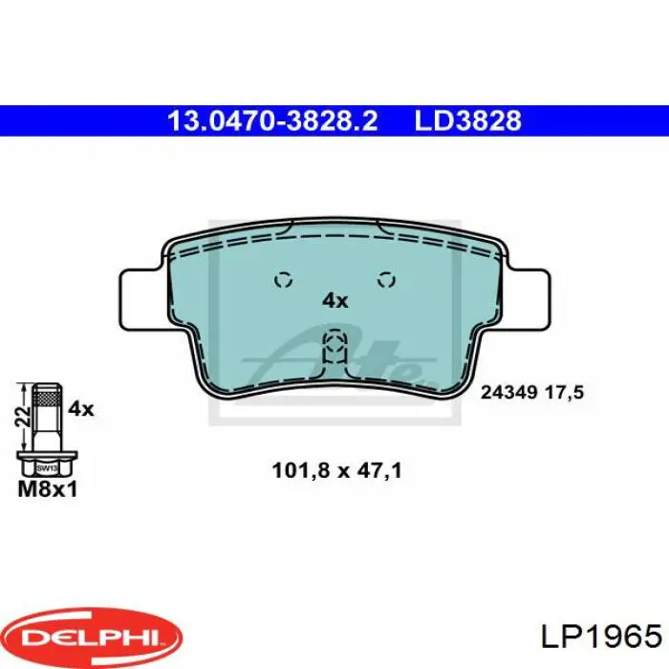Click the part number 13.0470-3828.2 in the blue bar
coord(272,120)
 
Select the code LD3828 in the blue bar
coord(468,120)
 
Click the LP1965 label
coord(601,637)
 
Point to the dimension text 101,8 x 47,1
coord(337,471)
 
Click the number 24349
coord(508,392)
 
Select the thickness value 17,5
coord(564,393)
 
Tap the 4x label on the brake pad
coord(334,301)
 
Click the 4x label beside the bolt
coord(81,409)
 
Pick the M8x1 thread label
coord(48,489)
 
